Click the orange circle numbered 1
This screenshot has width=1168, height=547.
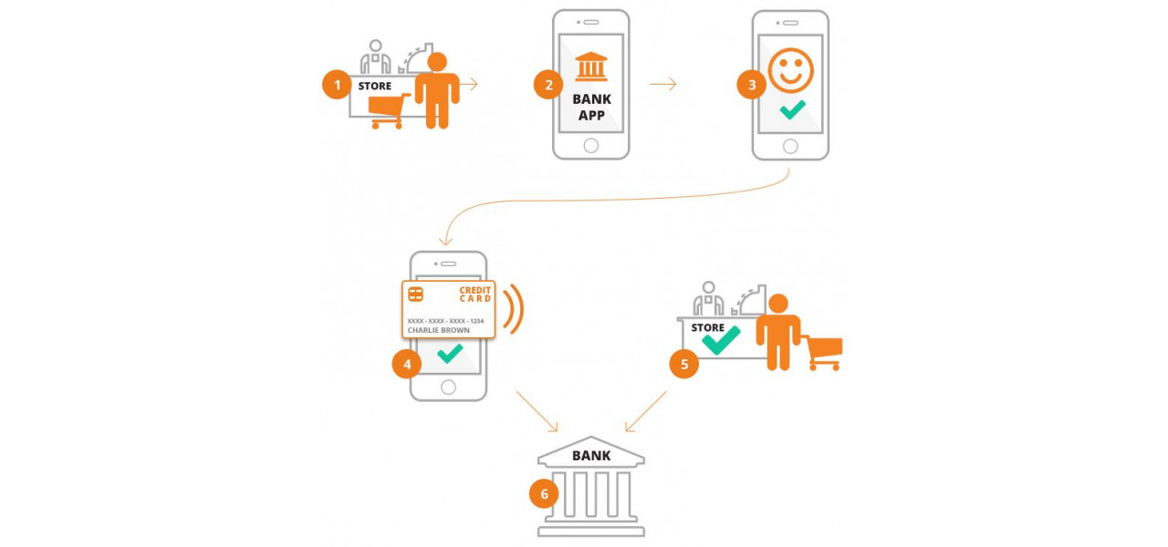tap(337, 86)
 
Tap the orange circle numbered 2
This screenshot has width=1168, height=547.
tap(548, 85)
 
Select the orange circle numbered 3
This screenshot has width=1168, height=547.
tap(752, 85)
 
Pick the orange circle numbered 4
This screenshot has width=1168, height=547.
tap(407, 365)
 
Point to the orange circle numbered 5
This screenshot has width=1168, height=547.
tap(684, 365)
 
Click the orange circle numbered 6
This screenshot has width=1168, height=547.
tap(544, 494)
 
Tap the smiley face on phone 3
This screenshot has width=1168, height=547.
tap(790, 70)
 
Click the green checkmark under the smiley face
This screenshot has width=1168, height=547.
tap(792, 110)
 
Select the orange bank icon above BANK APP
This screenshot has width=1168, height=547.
tap(591, 67)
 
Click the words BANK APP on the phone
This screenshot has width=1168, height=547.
tap(591, 108)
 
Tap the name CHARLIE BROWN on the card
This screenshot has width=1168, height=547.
tap(438, 330)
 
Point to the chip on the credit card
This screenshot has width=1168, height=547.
tap(416, 294)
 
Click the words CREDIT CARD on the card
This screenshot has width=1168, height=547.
tap(474, 294)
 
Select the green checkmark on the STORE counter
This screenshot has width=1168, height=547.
tap(721, 340)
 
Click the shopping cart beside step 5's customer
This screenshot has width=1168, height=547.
tap(825, 352)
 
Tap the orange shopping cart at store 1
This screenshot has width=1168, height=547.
tap(389, 111)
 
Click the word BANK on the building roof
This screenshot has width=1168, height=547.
tap(591, 456)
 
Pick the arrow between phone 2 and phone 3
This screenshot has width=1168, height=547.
tap(663, 85)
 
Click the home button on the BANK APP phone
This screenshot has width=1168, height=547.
tap(591, 145)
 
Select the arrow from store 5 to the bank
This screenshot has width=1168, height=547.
tap(645, 411)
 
